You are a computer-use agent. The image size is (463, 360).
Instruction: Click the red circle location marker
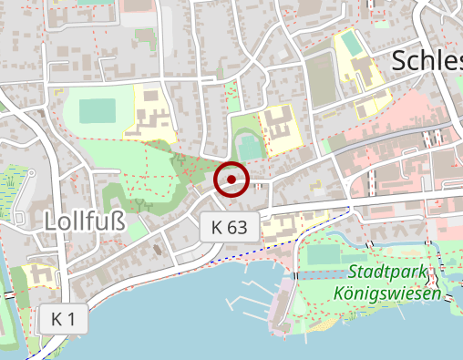click(x=231, y=180)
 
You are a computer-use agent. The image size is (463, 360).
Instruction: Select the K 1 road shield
click(x=63, y=319)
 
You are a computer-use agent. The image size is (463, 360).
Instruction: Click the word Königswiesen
click(x=387, y=294)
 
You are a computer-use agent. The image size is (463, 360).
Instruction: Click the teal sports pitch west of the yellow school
click(x=98, y=111)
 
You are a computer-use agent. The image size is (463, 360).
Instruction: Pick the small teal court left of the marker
click(x=247, y=146)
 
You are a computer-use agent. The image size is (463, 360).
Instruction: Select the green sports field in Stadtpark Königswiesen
click(x=323, y=254)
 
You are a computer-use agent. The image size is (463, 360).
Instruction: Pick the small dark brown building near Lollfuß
click(x=159, y=248)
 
